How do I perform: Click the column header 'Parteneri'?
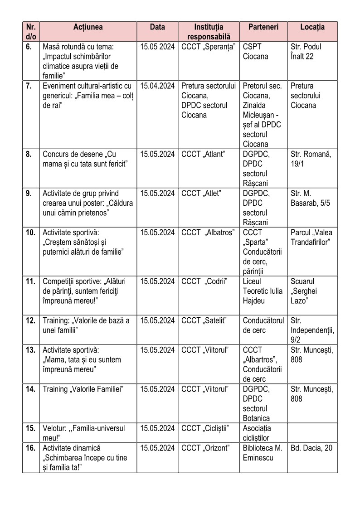pyautogui.click(x=263, y=27)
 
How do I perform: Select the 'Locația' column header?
pyautogui.click(x=312, y=27)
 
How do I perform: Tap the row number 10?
pyautogui.click(x=31, y=233)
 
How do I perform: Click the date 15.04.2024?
pyautogui.click(x=157, y=86)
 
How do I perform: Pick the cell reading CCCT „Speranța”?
pyautogui.click(x=208, y=47)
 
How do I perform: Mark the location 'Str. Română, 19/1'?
pyautogui.click(x=311, y=159)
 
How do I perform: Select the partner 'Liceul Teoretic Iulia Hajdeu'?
pyautogui.click(x=263, y=291)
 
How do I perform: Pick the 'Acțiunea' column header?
pyautogui.click(x=88, y=27)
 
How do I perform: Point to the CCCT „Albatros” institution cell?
pyautogui.click(x=208, y=233)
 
